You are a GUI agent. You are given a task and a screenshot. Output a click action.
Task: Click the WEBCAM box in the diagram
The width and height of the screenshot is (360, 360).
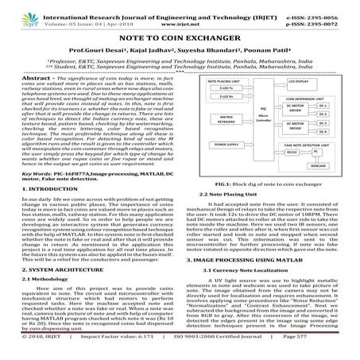[x=322, y=189]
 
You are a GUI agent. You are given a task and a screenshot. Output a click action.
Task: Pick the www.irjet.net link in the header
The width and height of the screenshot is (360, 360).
[x=180, y=14]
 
